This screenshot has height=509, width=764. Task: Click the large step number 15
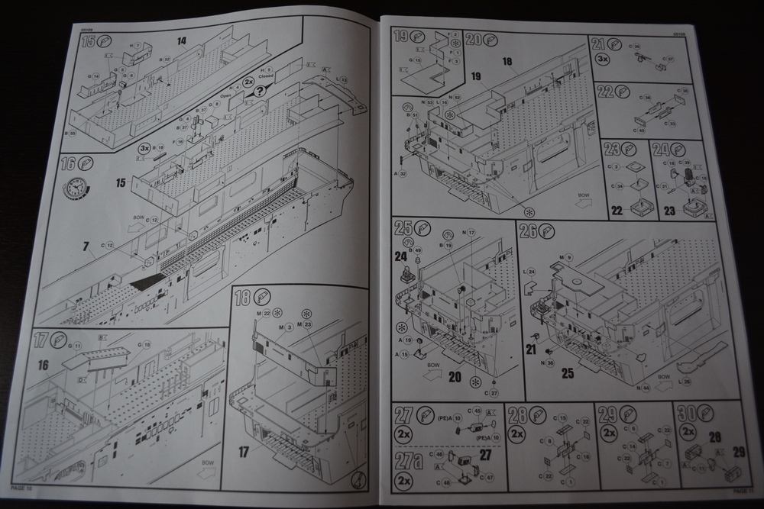(89, 41)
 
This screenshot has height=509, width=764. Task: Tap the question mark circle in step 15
(261, 91)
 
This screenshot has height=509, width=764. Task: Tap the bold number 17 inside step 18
(244, 451)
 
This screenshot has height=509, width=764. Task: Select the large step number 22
(606, 92)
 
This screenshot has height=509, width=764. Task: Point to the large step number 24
(662, 150)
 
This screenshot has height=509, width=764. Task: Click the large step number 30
(687, 415)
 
